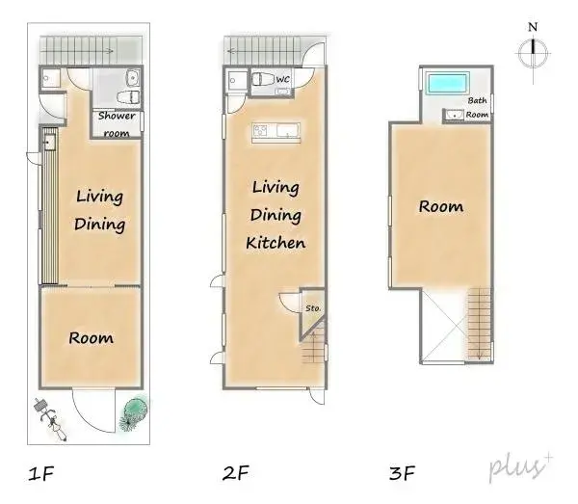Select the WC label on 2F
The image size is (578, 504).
[283, 79]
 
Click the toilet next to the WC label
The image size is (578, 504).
[263, 82]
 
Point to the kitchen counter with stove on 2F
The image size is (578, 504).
[276, 132]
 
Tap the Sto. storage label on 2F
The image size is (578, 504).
[313, 308]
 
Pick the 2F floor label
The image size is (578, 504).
[236, 473]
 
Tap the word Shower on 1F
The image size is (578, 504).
[118, 118]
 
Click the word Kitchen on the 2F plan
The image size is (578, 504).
[276, 243]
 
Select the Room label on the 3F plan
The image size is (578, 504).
[440, 206]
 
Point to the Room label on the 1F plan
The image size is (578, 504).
[92, 337]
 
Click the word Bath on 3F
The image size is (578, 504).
[477, 100]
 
